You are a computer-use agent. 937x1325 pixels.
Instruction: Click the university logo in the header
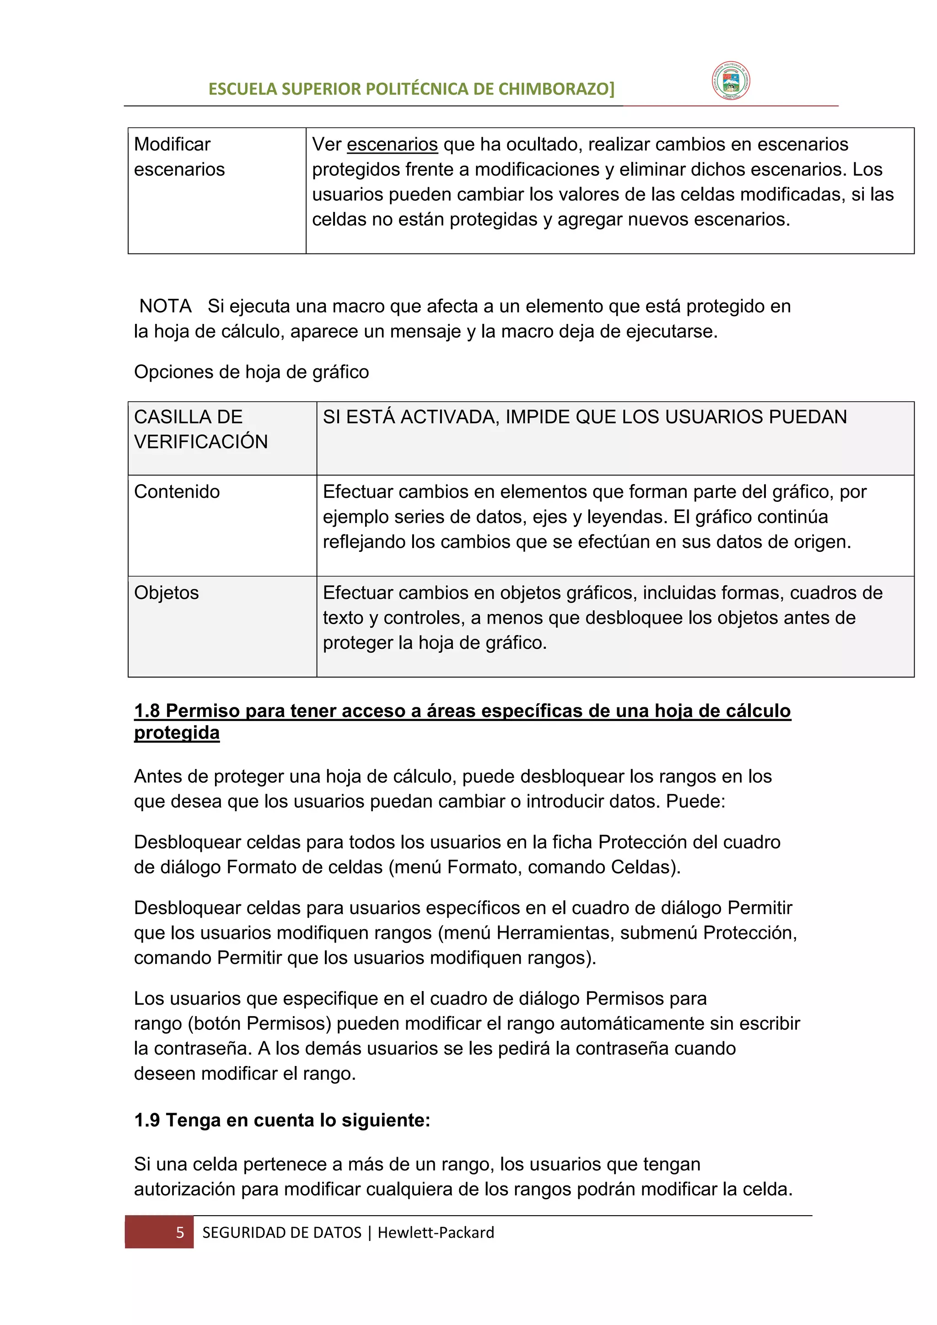click(x=731, y=81)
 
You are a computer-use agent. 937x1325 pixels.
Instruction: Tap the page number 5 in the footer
click(x=180, y=1233)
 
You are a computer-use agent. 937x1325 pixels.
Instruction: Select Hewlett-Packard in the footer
click(x=436, y=1233)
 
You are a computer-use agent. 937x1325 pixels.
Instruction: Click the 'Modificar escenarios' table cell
click(x=179, y=156)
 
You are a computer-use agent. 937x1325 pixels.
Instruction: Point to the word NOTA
click(x=166, y=306)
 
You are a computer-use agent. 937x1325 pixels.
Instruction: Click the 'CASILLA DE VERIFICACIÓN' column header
click(x=200, y=429)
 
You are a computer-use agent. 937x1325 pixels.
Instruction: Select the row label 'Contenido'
click(x=177, y=492)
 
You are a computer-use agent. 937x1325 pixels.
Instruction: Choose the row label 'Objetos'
click(x=166, y=592)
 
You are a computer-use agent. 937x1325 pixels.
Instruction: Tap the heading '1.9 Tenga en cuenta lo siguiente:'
click(x=282, y=1120)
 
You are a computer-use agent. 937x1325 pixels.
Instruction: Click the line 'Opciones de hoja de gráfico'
click(x=251, y=372)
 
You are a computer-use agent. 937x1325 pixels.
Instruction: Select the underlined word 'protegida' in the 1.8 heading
click(x=177, y=733)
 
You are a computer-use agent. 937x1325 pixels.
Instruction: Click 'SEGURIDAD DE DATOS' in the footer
click(x=281, y=1233)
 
